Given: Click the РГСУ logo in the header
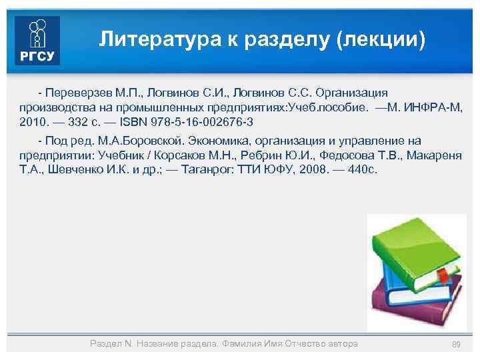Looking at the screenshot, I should coord(37,40).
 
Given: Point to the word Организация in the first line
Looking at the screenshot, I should coord(351,93).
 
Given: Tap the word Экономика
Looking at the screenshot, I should coord(220,141).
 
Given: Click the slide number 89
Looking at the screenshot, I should coord(457,344).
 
